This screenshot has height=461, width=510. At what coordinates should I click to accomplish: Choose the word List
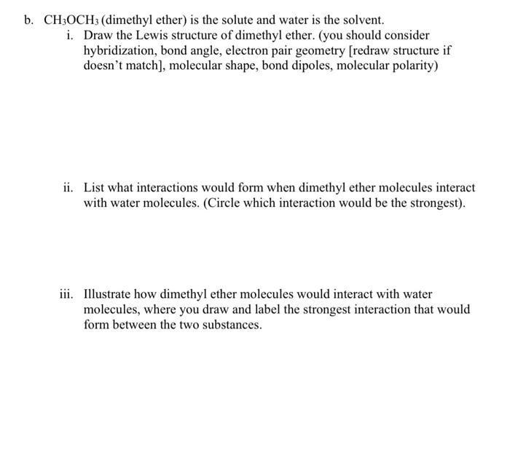[x=95, y=187]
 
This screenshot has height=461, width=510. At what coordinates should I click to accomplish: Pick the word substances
[x=232, y=325]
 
